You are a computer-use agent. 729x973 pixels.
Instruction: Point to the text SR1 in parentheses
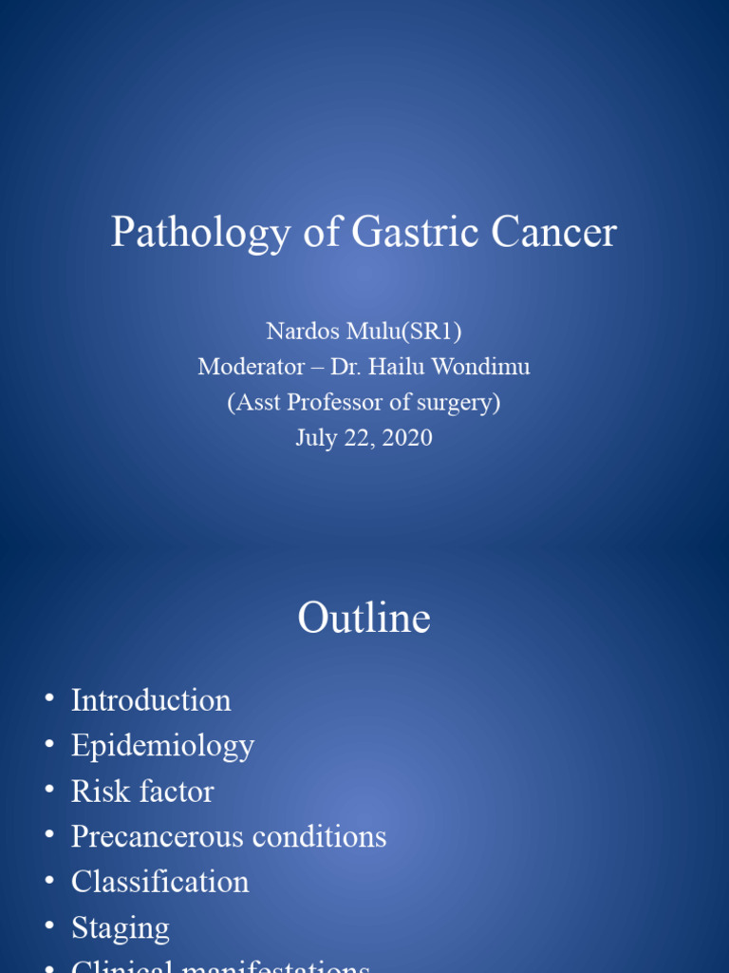pos(439,331)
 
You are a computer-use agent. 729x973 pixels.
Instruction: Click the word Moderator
pos(251,367)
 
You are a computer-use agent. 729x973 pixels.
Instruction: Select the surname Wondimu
pos(481,367)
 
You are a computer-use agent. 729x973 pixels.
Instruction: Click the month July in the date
pos(316,438)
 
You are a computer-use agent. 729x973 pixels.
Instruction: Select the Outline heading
pos(364,619)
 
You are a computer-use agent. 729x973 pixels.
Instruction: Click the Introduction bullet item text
pos(151,700)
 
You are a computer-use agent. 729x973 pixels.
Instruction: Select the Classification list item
pos(159,882)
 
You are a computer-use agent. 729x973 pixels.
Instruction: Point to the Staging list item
pos(121,928)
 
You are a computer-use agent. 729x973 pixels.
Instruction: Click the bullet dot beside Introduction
pos(49,700)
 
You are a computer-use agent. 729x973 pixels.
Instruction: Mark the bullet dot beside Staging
pos(49,926)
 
